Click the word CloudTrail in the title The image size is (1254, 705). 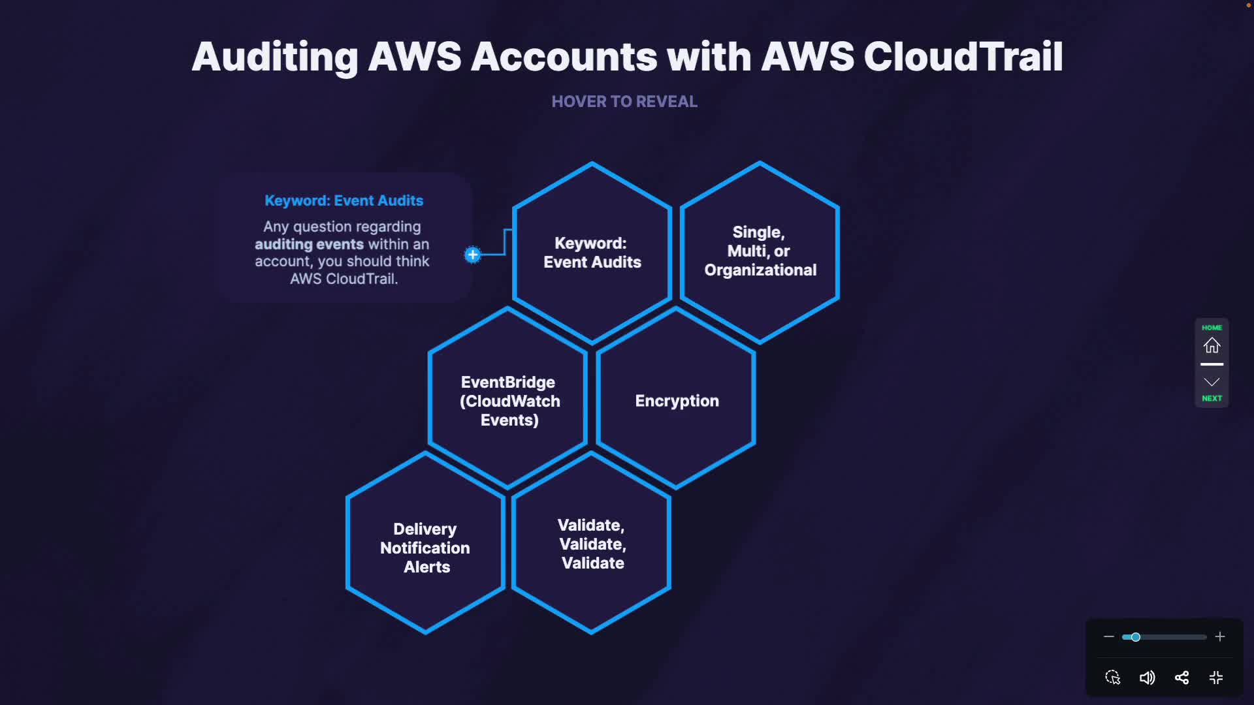[963, 57]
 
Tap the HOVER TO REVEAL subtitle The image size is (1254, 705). [624, 102]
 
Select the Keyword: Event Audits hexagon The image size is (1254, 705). [592, 253]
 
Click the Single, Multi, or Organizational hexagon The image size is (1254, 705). [760, 251]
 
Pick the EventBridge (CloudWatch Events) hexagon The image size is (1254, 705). [509, 400]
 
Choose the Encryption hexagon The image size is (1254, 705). [677, 400]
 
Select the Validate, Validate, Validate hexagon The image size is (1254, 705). [592, 544]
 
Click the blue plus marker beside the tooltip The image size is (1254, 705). [473, 255]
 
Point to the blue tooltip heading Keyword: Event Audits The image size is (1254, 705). [344, 201]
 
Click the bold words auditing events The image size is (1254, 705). [309, 244]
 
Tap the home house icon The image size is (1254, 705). [1212, 345]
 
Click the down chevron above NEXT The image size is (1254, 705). [1212, 382]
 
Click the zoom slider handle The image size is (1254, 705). [1136, 637]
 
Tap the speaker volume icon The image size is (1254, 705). [1147, 678]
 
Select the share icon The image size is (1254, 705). [1182, 678]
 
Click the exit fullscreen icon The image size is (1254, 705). [1216, 678]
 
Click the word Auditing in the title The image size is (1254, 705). [275, 57]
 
